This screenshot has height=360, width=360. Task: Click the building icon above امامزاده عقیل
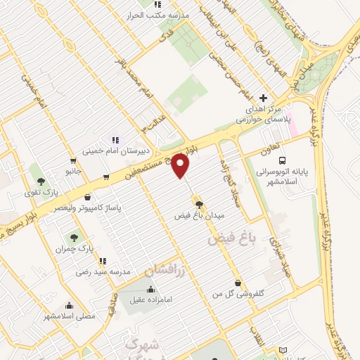[150, 289]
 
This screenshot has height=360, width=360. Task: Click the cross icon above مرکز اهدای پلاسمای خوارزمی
[264, 98]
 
